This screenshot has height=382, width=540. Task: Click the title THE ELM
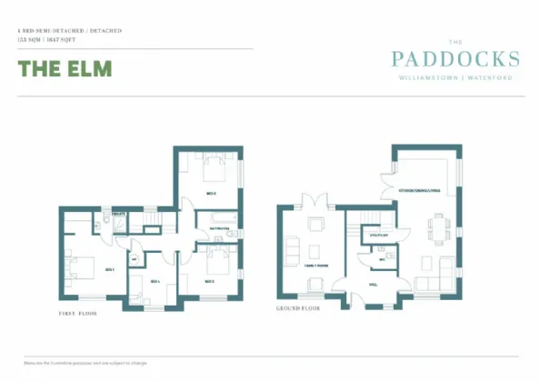pyautogui.click(x=65, y=68)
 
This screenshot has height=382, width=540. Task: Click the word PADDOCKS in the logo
pyautogui.click(x=455, y=60)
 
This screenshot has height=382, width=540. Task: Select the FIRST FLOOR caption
pyautogui.click(x=74, y=313)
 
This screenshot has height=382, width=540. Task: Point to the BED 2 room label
pyautogui.click(x=210, y=193)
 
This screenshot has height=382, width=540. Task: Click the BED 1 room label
pyautogui.click(x=109, y=269)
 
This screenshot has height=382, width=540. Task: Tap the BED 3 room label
pyautogui.click(x=209, y=281)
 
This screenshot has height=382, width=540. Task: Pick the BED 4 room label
pyautogui.click(x=155, y=281)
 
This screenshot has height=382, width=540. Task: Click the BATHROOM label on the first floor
pyautogui.click(x=217, y=227)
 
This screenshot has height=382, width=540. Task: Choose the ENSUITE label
pyautogui.click(x=118, y=216)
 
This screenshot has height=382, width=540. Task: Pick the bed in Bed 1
pyautogui.click(x=80, y=266)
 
